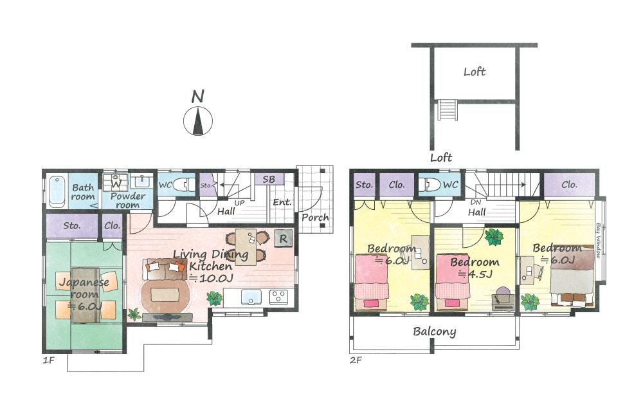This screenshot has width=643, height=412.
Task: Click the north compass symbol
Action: point(198,121)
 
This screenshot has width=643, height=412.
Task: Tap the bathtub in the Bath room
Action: point(57,192)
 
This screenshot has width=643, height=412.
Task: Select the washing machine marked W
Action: point(116,183)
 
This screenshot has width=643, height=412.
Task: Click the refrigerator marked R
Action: point(283,238)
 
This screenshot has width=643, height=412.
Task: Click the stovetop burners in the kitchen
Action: point(278,297)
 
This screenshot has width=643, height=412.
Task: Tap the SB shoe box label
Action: point(269,180)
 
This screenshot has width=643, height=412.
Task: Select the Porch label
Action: point(315,218)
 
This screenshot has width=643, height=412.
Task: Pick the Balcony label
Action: point(434,331)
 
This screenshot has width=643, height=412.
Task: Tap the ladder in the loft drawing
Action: point(447,110)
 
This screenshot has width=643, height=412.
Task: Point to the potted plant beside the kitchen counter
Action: point(214,298)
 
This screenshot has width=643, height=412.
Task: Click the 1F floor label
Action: point(49,360)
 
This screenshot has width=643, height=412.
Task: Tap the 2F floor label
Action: point(356,360)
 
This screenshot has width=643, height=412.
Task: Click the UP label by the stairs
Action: point(239,203)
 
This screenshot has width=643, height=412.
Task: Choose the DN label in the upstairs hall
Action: point(476,202)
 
